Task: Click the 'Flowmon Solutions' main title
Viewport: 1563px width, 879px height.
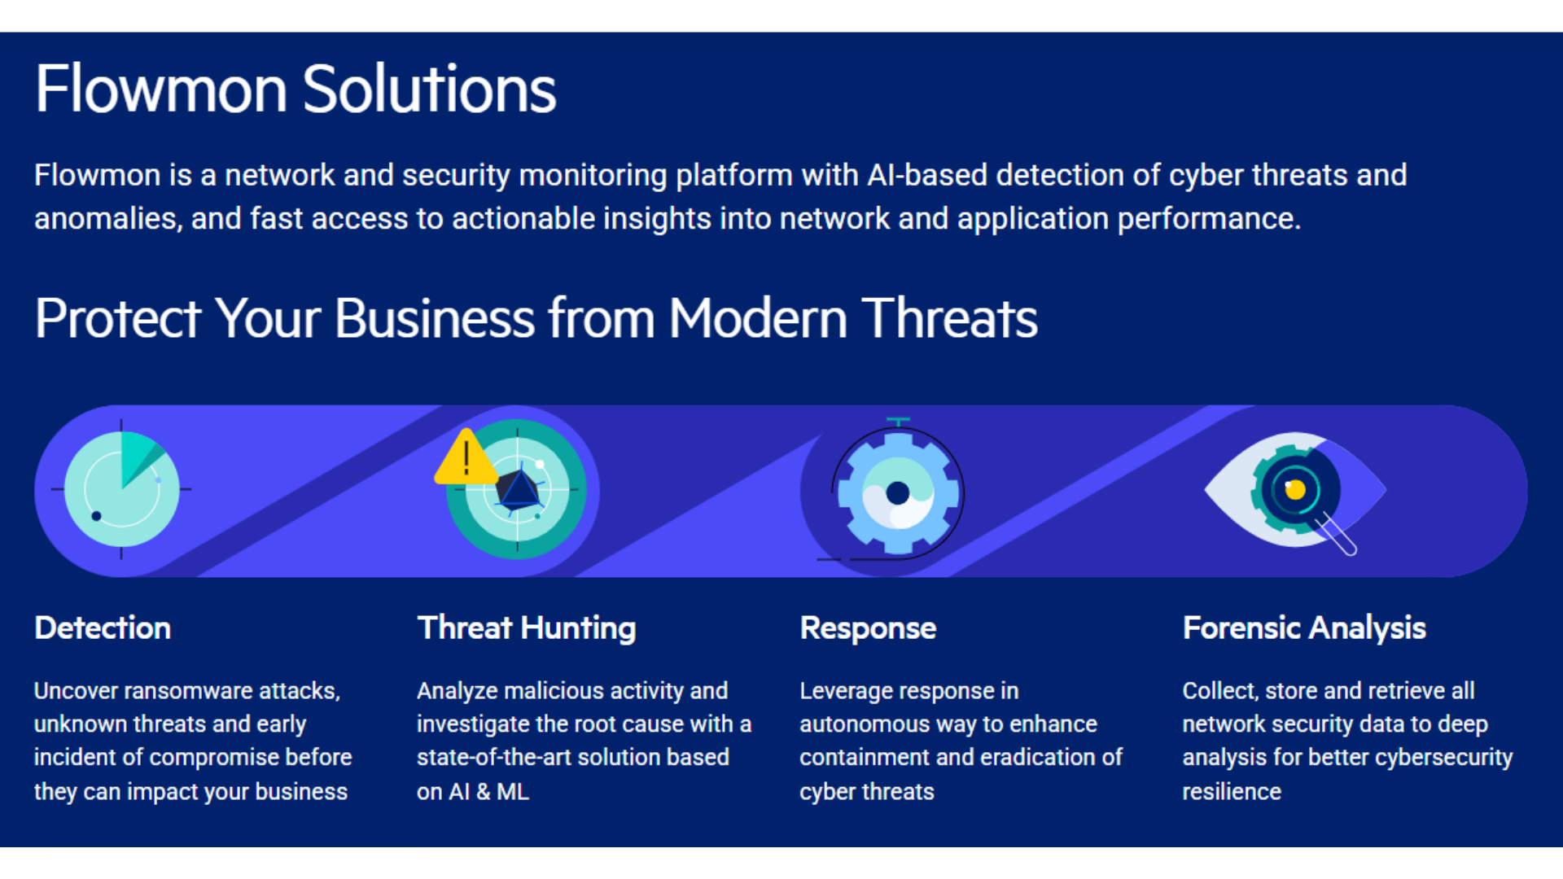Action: pyautogui.click(x=296, y=89)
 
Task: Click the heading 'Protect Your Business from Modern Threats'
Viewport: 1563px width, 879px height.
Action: pyautogui.click(x=536, y=318)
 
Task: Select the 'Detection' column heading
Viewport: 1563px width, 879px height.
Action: pyautogui.click(x=103, y=628)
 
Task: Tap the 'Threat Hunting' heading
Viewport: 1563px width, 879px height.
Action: pyautogui.click(x=527, y=629)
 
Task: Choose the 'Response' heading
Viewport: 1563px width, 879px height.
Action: pyautogui.click(x=868, y=629)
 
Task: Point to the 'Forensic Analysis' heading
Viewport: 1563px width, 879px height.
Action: pyautogui.click(x=1304, y=629)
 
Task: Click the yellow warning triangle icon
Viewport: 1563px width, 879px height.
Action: pyautogui.click(x=466, y=457)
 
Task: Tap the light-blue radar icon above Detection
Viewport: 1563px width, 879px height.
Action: pyautogui.click(x=122, y=489)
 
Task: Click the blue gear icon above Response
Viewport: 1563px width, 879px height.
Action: pyautogui.click(x=898, y=493)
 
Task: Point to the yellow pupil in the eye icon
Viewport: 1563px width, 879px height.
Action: pyautogui.click(x=1295, y=489)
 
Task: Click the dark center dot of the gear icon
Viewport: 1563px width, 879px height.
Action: pyautogui.click(x=898, y=492)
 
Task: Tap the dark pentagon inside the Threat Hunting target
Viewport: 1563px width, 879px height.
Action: pyautogui.click(x=518, y=489)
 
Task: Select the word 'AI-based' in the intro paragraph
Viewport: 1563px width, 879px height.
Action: pyautogui.click(x=927, y=175)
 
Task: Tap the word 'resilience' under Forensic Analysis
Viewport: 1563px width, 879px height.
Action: pyautogui.click(x=1232, y=791)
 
